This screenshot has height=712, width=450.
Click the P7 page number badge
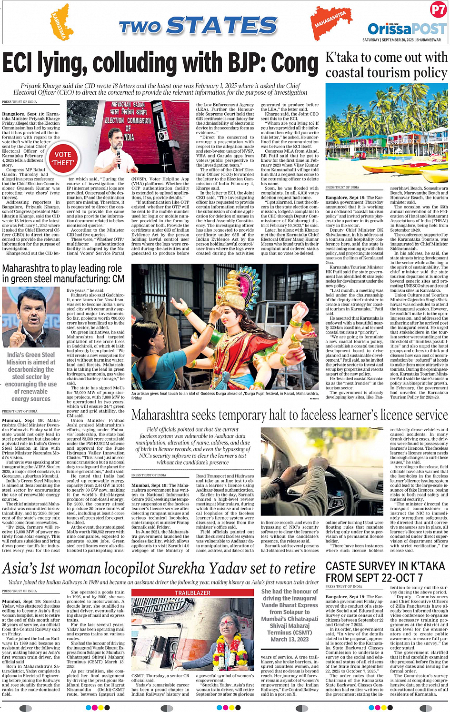[x=438, y=10]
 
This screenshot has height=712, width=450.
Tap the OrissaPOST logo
[x=406, y=29]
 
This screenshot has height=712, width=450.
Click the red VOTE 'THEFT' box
[x=63, y=158]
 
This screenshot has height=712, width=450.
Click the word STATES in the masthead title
[x=221, y=25]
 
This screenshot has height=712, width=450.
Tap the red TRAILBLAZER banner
[x=192, y=593]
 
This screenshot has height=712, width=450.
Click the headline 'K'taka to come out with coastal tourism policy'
[x=386, y=65]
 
